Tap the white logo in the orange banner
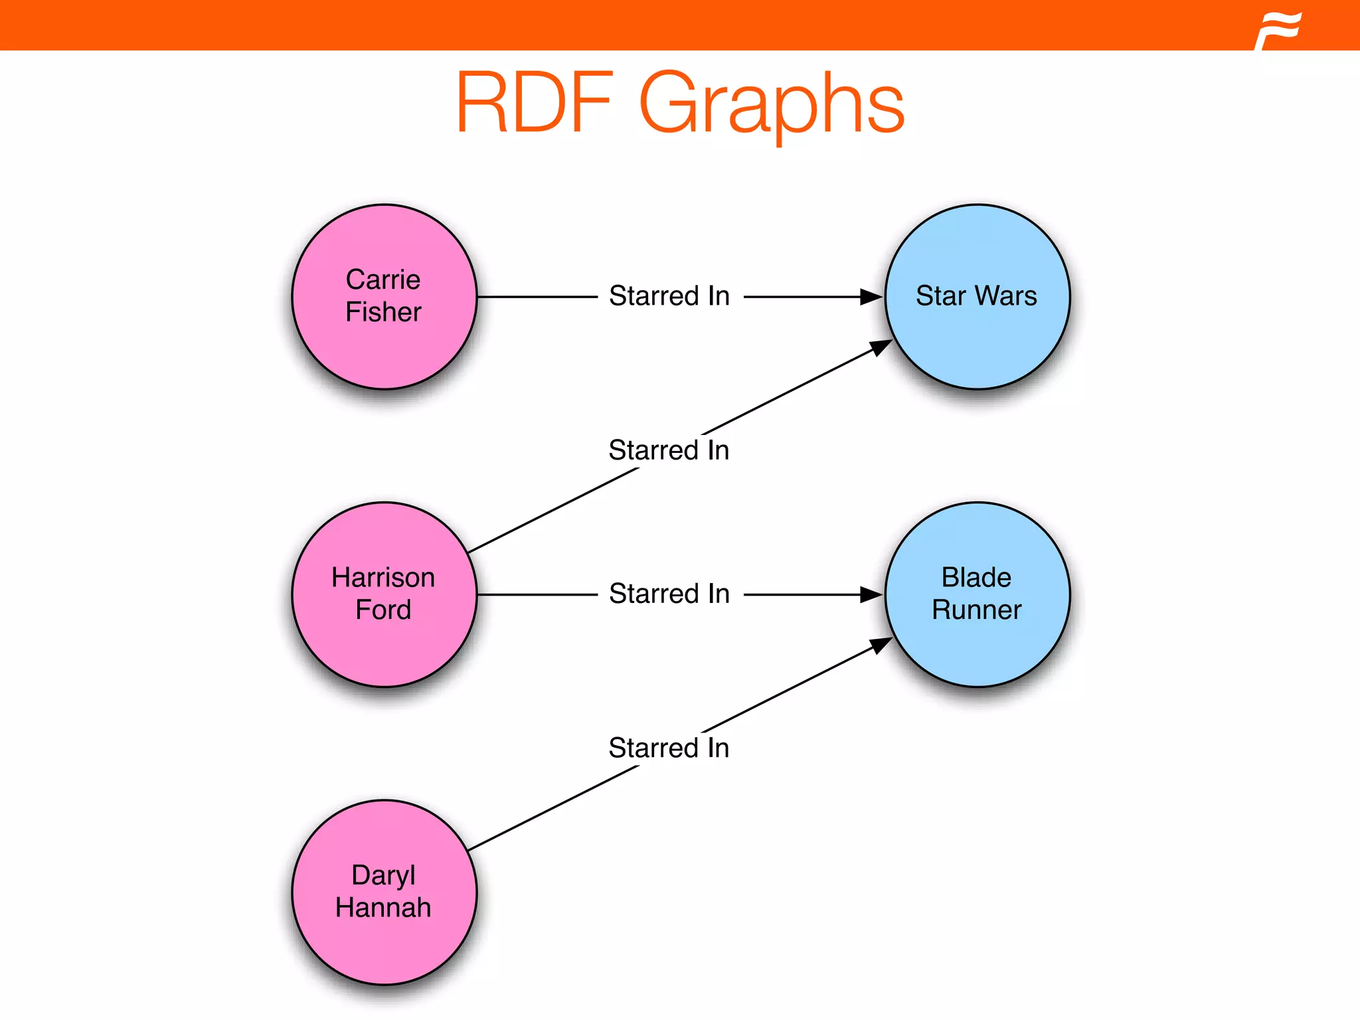pyautogui.click(x=1278, y=31)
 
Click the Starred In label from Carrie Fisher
pyautogui.click(x=669, y=296)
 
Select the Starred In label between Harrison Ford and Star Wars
pyautogui.click(x=669, y=450)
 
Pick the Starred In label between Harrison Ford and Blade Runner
pyautogui.click(x=669, y=594)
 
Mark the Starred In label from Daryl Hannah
pyautogui.click(x=669, y=748)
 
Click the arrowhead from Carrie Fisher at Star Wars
pyautogui.click(x=871, y=297)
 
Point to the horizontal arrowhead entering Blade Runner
pyautogui.click(x=871, y=594)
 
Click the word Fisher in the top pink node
pyautogui.click(x=383, y=312)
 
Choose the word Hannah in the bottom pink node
pyautogui.click(x=383, y=908)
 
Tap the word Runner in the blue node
pyautogui.click(x=976, y=610)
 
